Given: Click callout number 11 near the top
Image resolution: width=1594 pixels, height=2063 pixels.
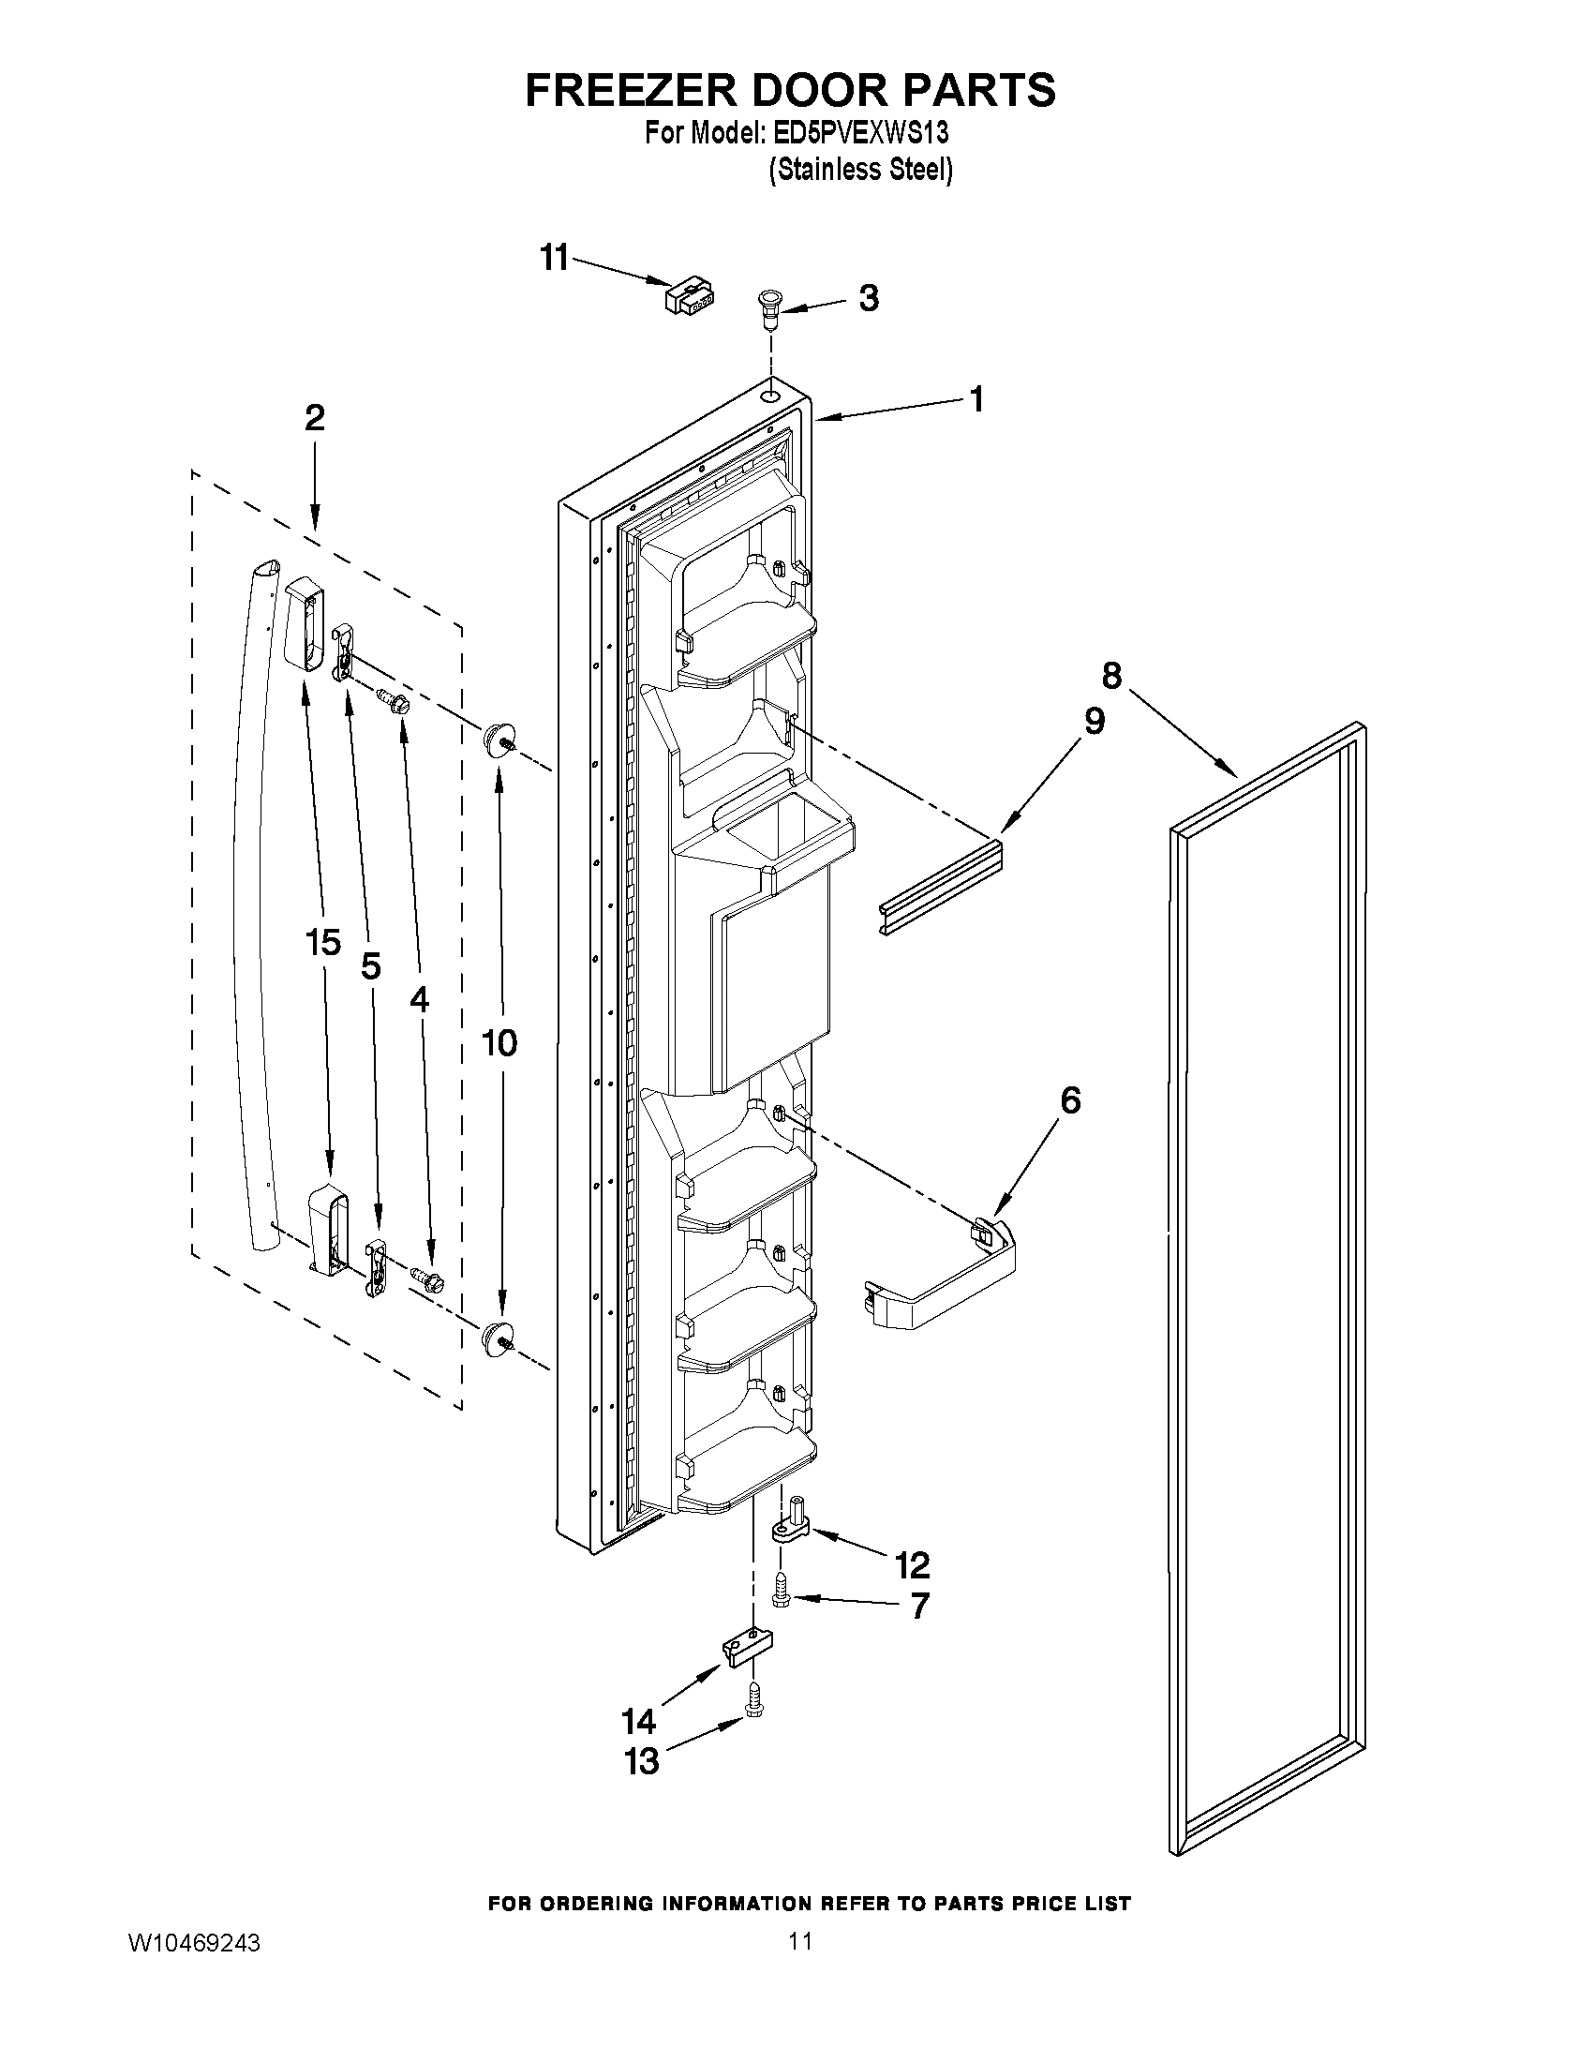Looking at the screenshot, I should [x=555, y=256].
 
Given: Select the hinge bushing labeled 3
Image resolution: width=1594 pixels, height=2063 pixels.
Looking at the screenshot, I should [x=770, y=308].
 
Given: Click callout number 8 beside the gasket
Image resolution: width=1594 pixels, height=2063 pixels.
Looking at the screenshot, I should [x=1111, y=676].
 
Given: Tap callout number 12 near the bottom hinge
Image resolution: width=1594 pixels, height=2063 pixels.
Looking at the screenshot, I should [x=912, y=1565].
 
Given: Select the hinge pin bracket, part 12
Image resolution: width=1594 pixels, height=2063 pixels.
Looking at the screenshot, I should [x=789, y=1525].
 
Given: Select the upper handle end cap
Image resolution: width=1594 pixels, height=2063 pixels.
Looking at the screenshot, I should [x=303, y=624].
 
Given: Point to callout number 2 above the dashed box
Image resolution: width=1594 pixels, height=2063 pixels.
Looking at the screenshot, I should [x=315, y=417].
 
